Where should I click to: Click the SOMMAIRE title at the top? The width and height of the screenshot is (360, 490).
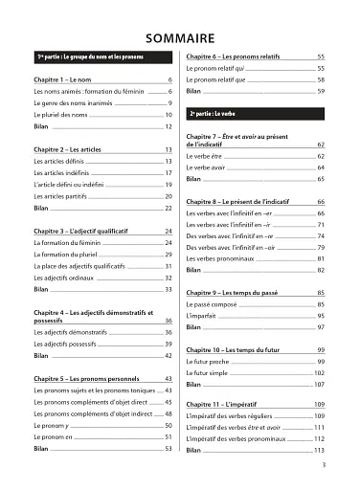click(x=180, y=37)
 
